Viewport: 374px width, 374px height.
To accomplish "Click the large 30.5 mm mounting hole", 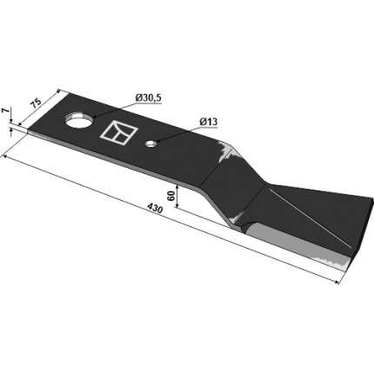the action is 78,120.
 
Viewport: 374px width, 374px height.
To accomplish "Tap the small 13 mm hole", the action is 150,144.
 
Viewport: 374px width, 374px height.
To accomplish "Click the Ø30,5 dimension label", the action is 148,98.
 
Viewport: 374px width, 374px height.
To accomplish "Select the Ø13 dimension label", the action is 208,122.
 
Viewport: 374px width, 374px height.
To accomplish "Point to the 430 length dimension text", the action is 155,209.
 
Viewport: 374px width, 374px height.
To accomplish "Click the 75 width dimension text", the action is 37,104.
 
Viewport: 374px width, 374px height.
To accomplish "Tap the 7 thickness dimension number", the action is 3,111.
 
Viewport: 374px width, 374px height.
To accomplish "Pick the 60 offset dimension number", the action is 170,196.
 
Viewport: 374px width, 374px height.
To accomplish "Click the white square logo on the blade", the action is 118,133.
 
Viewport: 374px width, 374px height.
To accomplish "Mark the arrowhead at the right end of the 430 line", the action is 337,281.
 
